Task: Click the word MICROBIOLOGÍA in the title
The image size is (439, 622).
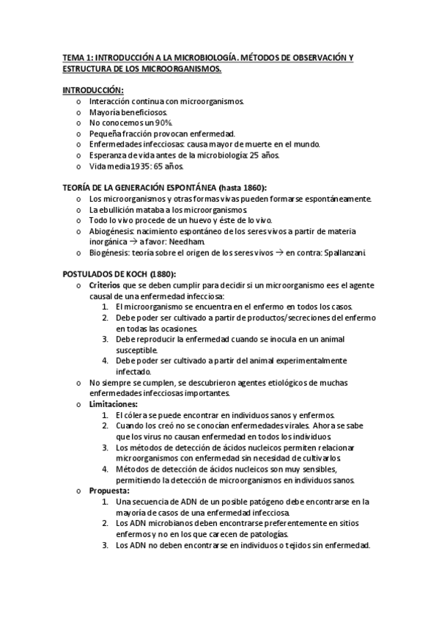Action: pyautogui.click(x=210, y=56)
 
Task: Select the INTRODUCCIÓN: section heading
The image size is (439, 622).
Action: pyautogui.click(x=92, y=89)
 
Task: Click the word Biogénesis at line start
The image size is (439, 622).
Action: pyautogui.click(x=109, y=253)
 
